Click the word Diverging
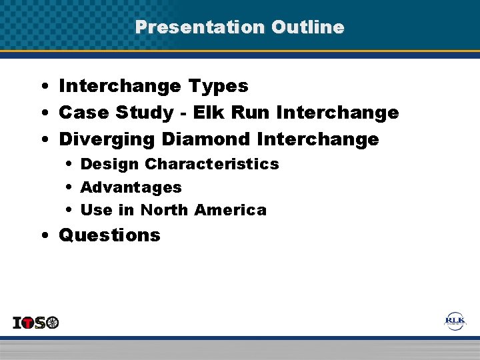(106, 140)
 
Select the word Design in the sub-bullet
(109, 164)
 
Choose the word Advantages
(131, 187)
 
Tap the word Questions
(110, 235)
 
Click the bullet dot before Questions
(43, 235)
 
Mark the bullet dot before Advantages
(69, 187)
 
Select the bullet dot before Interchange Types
(43, 86)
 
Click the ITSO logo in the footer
(36, 323)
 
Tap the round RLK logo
(455, 321)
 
